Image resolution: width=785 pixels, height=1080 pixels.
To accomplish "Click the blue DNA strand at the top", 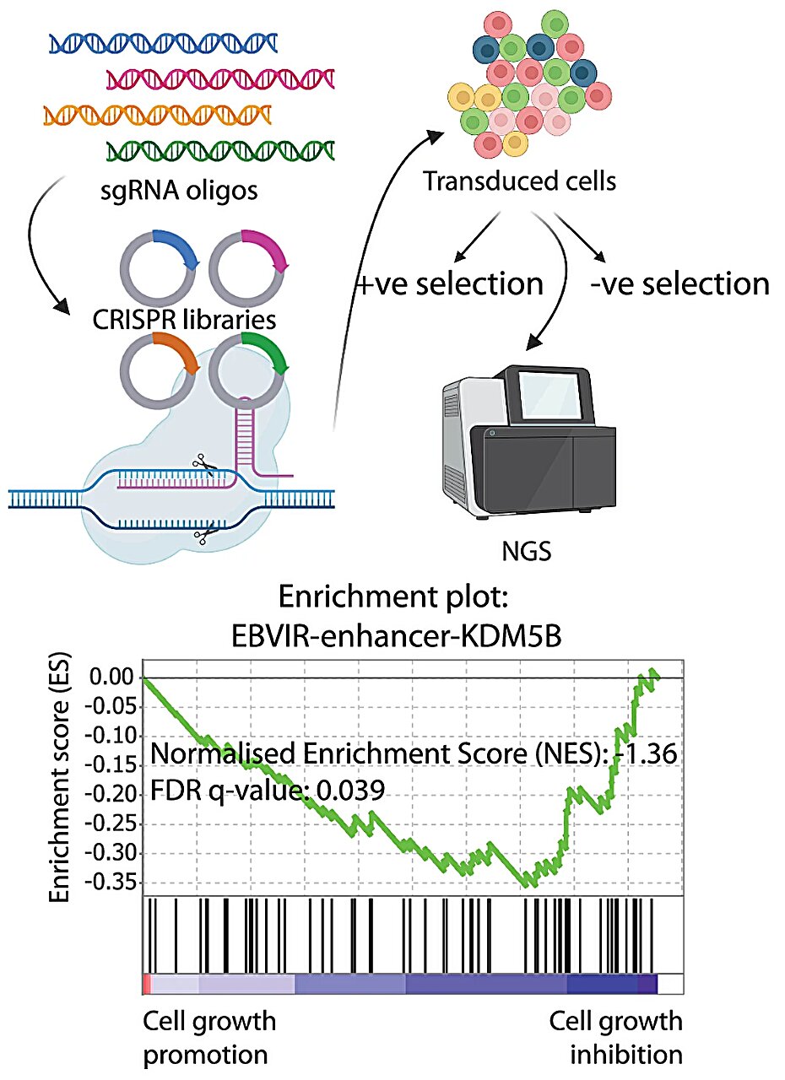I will [163, 42].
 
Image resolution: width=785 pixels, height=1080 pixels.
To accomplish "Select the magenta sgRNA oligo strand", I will [221, 78].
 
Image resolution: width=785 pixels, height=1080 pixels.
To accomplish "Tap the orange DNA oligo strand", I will [157, 114].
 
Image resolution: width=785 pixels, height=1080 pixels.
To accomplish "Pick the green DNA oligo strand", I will [220, 150].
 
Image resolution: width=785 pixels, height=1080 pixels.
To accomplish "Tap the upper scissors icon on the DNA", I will [201, 462].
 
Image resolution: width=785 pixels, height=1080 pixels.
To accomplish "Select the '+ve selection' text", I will [449, 284].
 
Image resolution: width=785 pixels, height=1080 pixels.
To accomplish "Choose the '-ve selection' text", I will [679, 284].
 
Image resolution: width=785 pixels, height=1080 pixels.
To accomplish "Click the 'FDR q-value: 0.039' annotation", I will [268, 791].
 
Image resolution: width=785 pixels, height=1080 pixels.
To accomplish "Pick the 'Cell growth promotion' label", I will [208, 1037].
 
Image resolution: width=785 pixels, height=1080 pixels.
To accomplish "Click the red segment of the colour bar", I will [146, 984].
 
